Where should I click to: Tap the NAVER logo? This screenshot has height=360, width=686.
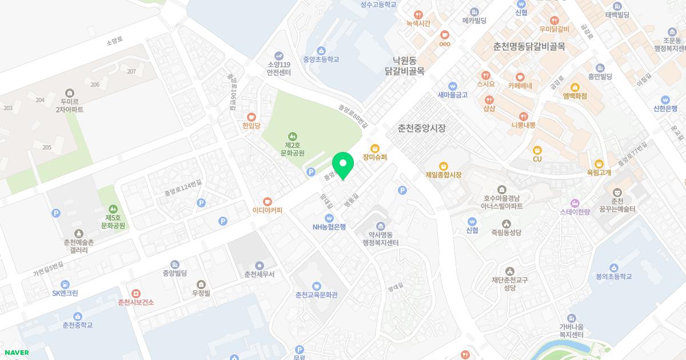pos(17,353)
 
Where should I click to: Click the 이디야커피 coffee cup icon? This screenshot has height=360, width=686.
pos(268,201)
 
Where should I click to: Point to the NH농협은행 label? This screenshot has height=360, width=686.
pos(329,226)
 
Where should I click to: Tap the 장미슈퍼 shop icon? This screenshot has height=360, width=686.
pos(375,148)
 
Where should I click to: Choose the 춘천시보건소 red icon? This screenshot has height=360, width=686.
pos(135,293)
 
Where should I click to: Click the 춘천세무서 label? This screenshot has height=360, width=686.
pos(259,274)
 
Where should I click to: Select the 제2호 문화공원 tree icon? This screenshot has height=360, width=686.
pos(292,136)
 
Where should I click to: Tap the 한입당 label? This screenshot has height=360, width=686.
pos(251,125)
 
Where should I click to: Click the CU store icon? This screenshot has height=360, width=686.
pos(537,150)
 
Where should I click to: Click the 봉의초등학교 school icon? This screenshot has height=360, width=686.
pos(613,267)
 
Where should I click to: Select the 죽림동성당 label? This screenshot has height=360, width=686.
pos(506,233)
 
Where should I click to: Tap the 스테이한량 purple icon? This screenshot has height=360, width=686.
pos(575,203)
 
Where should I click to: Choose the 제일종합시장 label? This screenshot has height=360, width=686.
pos(443,175)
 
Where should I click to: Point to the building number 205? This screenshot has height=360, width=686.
pos(47,147)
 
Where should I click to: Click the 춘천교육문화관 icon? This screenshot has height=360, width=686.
pos(316,286)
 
